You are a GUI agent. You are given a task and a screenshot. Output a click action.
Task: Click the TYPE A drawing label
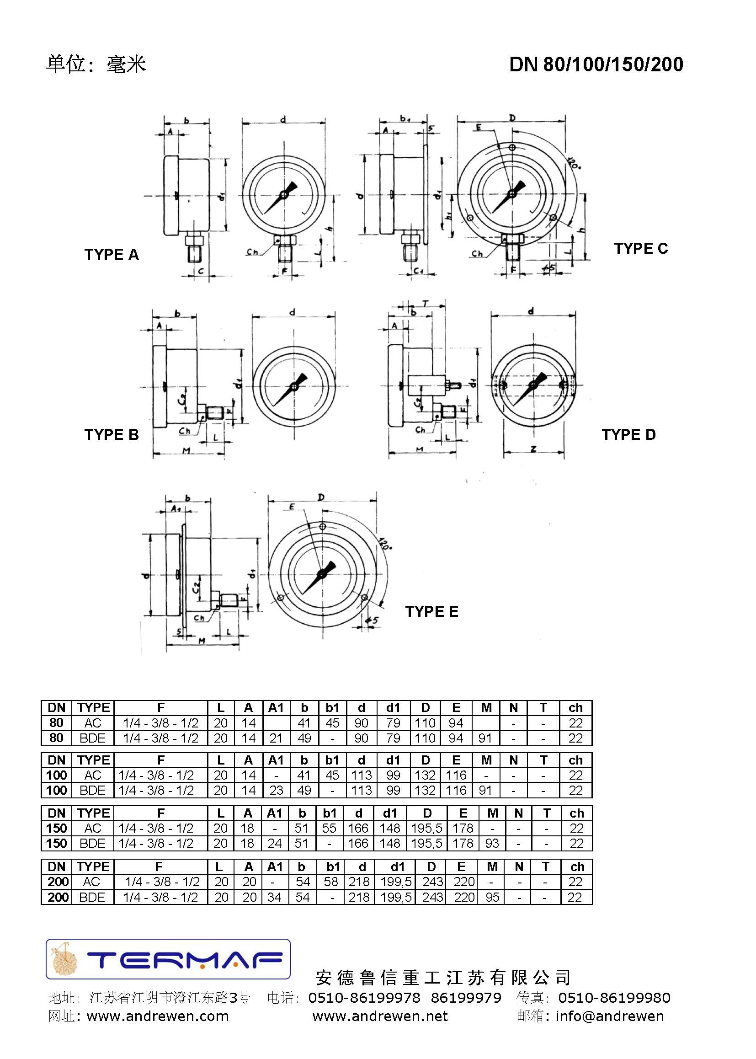(111, 254)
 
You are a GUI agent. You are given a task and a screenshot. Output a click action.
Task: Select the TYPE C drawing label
(640, 248)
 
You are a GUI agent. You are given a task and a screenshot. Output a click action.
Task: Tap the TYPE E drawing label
(431, 611)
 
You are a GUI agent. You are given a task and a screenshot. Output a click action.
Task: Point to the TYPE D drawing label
(628, 434)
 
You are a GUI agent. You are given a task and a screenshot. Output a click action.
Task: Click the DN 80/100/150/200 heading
(596, 64)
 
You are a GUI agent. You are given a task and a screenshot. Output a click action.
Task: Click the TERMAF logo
(168, 959)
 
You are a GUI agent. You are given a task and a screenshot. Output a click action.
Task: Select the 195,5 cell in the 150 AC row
(426, 828)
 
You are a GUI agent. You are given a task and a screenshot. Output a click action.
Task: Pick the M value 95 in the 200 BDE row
(492, 897)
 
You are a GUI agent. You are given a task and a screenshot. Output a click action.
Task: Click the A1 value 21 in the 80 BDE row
(276, 738)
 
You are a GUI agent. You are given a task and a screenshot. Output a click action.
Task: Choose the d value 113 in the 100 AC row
(361, 775)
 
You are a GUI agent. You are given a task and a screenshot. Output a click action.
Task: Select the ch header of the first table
(575, 707)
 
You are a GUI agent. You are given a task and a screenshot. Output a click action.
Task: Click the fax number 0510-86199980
(614, 997)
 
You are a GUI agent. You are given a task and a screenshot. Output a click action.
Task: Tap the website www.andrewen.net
(380, 1016)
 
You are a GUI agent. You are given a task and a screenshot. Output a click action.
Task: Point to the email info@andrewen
(609, 1016)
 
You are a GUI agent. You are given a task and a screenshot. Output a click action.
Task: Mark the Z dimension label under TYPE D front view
(533, 449)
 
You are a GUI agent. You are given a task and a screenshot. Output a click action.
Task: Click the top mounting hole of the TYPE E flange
(323, 526)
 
